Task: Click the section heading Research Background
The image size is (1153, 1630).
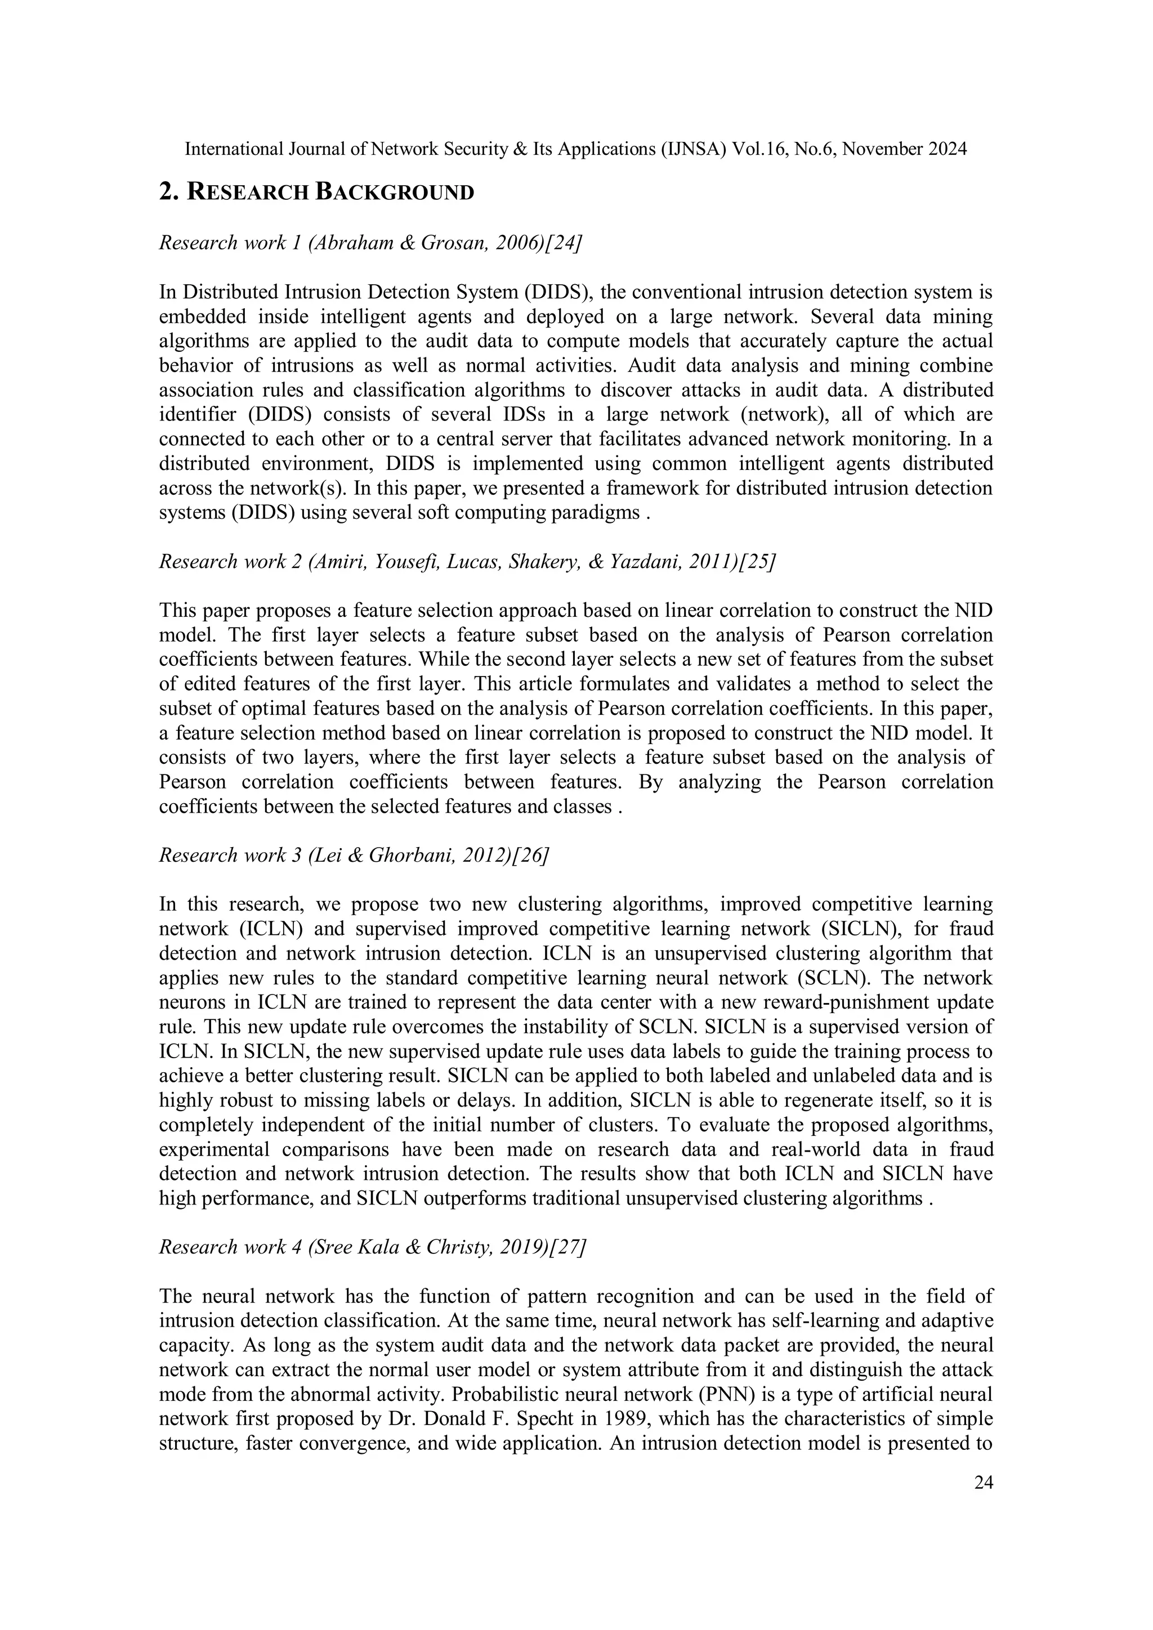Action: click(316, 192)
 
